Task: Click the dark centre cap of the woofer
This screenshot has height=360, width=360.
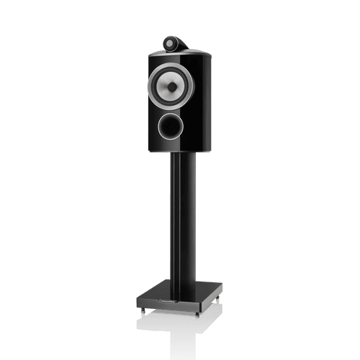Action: tap(171, 86)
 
